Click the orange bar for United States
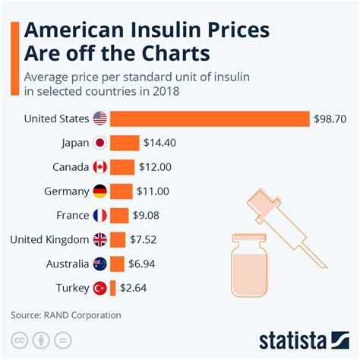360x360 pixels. pos(209,118)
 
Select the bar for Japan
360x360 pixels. pos(125,143)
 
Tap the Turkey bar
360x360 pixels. pos(113,288)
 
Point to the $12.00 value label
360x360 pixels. pos(156,167)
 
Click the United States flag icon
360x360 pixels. pos(99,118)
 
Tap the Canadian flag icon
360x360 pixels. pos(99,167)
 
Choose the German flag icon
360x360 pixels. pos(99,191)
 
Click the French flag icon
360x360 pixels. pos(99,216)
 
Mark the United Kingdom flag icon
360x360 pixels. pos(99,240)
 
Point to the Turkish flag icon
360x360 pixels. pos(99,288)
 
